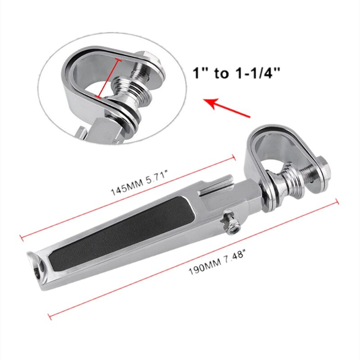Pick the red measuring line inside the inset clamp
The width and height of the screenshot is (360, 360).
click(108, 77)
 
